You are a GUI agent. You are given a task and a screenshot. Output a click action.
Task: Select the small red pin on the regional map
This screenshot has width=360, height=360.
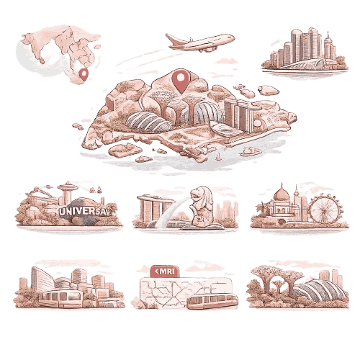click(84, 73)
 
